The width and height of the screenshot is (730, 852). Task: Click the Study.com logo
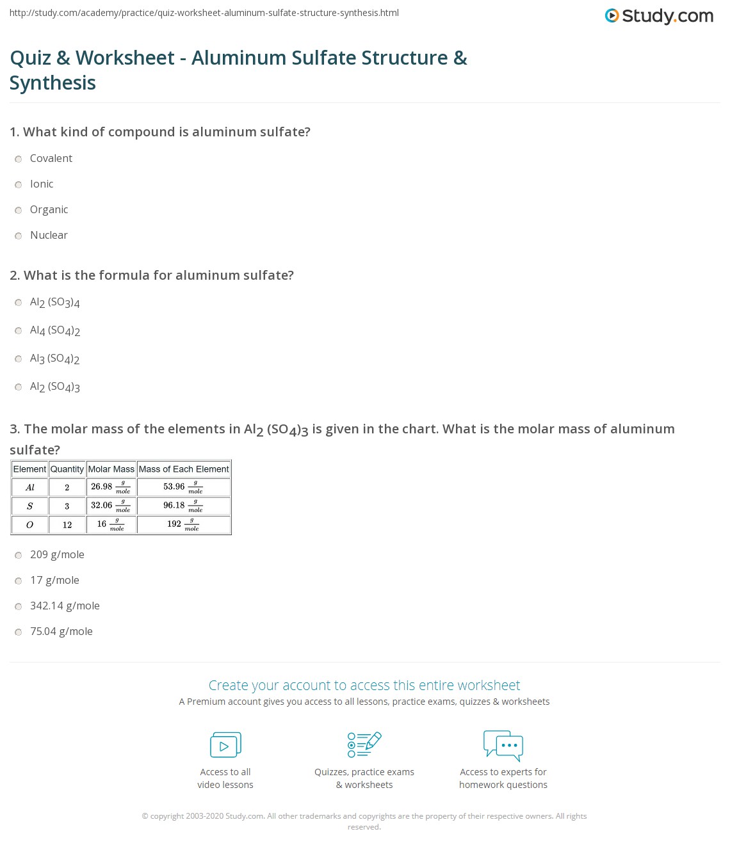click(659, 16)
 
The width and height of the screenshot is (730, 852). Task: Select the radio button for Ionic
click(19, 184)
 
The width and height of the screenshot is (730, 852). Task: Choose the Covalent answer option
click(19, 159)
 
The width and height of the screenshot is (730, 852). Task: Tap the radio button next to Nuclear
click(19, 236)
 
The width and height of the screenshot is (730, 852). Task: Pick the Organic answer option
click(19, 210)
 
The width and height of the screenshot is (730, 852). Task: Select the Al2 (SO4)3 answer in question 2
click(19, 387)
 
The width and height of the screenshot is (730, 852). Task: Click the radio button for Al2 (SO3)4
click(19, 302)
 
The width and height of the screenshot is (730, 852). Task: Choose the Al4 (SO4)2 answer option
click(19, 330)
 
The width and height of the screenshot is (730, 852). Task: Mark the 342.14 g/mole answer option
click(19, 606)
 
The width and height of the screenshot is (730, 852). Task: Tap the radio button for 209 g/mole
click(19, 555)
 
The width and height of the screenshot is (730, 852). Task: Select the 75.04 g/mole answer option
click(19, 632)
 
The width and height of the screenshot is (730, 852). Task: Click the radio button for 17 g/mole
click(19, 581)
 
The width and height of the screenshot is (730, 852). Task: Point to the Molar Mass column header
click(111, 469)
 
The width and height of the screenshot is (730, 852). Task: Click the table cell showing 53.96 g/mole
click(183, 487)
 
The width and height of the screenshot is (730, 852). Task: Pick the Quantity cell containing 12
click(67, 525)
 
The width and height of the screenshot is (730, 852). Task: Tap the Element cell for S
click(29, 506)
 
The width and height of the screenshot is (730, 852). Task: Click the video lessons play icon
click(225, 745)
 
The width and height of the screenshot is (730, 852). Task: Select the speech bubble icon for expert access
click(503, 745)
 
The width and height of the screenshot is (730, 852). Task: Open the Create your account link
click(364, 686)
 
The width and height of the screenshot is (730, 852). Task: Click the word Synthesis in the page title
click(53, 83)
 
